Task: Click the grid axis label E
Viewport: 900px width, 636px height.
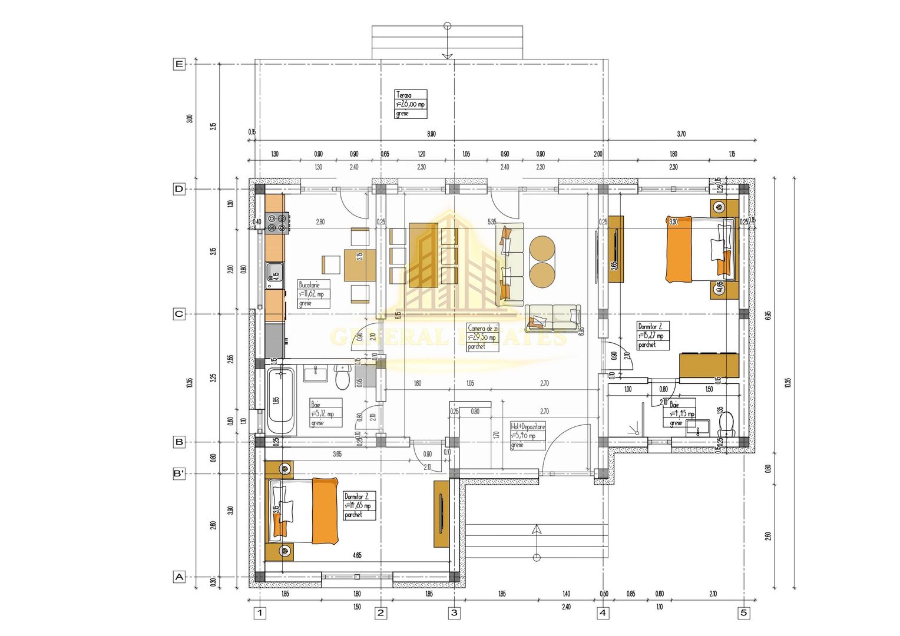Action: point(179,64)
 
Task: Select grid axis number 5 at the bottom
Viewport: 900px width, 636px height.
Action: point(744,613)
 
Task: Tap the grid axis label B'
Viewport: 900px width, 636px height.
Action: point(179,473)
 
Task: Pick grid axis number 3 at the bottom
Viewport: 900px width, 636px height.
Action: point(454,613)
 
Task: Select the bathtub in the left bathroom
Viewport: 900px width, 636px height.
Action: point(280,400)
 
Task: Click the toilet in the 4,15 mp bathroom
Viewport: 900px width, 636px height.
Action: point(727,423)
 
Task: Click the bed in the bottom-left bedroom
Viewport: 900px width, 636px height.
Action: point(305,511)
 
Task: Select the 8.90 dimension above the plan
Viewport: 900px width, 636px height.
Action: point(431,134)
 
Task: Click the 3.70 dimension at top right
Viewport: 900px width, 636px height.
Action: point(681,134)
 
